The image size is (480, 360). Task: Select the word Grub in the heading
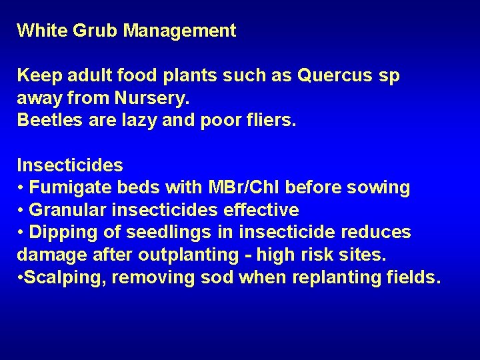(x=91, y=31)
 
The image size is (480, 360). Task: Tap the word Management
(x=179, y=31)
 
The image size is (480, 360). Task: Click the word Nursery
(x=153, y=99)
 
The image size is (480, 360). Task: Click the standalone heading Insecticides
(x=70, y=165)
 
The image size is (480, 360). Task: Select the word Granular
(x=68, y=211)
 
